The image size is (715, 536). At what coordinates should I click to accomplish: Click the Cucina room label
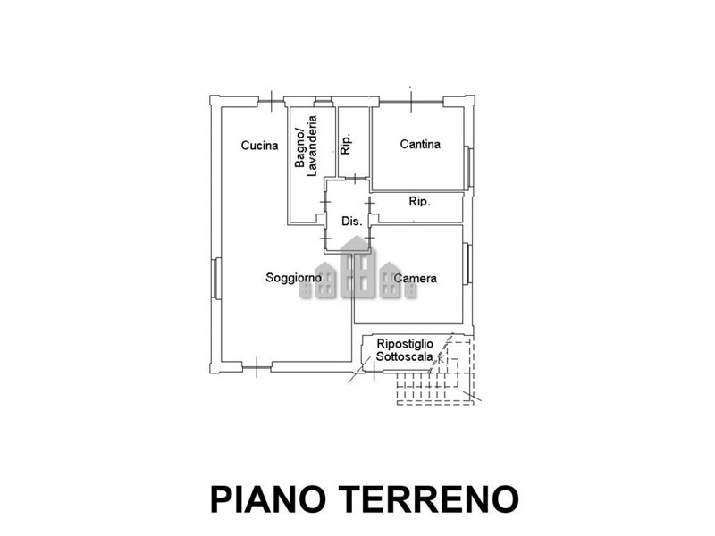(x=259, y=146)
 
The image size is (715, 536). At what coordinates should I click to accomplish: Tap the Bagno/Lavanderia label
(x=306, y=146)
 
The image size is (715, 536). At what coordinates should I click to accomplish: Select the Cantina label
(x=420, y=144)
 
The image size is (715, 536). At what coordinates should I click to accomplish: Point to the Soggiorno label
(x=294, y=278)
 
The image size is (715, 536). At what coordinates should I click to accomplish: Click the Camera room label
(x=415, y=278)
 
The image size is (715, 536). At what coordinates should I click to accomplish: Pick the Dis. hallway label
(x=351, y=222)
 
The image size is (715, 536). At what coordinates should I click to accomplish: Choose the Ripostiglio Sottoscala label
(x=405, y=350)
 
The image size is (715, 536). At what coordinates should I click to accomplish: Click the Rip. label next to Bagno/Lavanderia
(x=346, y=144)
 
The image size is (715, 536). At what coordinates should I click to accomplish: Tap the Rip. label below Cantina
(x=419, y=201)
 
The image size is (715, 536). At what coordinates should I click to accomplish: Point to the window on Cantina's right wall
(x=468, y=167)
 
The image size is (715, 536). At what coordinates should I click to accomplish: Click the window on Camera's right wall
(x=467, y=264)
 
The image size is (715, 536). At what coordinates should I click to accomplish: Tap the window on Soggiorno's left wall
(x=216, y=279)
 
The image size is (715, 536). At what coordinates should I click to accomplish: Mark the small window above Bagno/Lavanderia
(x=324, y=101)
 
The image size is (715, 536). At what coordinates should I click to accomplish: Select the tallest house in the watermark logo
(x=359, y=267)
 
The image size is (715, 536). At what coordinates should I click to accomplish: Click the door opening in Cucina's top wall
(x=271, y=101)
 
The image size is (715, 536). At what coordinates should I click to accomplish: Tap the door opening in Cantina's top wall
(x=411, y=101)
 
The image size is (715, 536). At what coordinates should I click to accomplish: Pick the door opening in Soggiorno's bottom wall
(x=257, y=367)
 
